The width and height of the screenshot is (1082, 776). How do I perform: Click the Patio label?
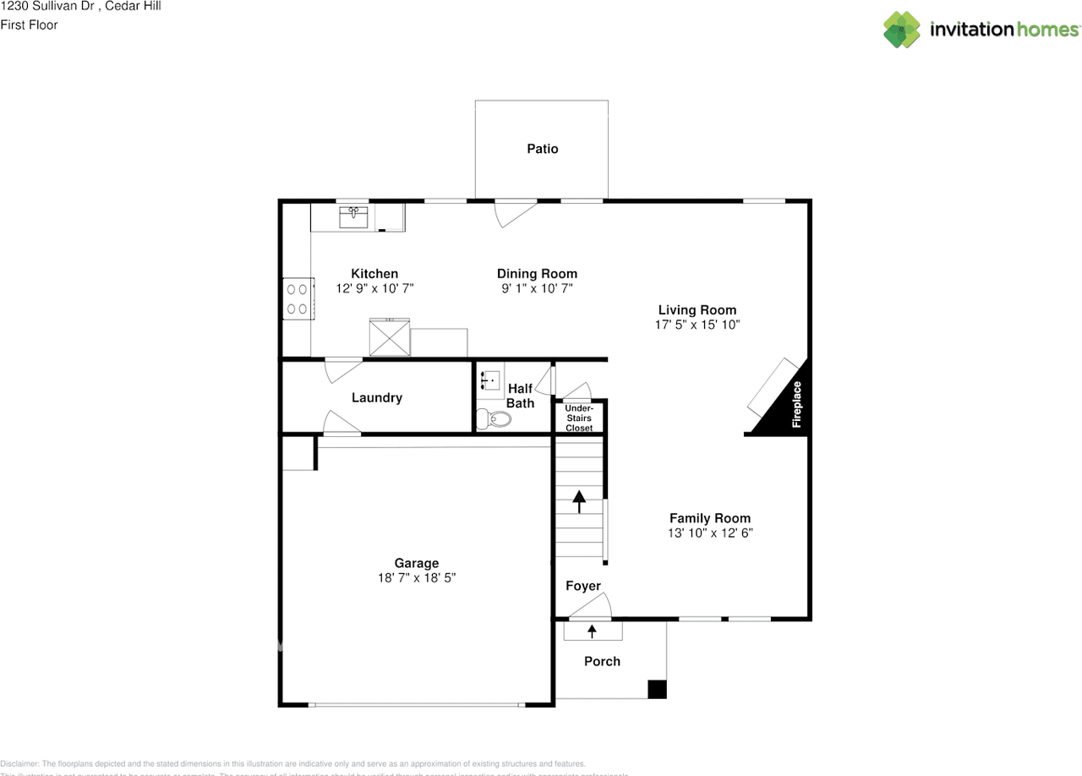pyautogui.click(x=542, y=149)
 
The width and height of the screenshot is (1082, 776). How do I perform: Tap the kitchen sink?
pyautogui.click(x=353, y=216)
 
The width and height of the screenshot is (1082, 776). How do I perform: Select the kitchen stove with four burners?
pyautogui.click(x=298, y=298)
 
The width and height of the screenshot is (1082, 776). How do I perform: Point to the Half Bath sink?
pyautogui.click(x=489, y=380)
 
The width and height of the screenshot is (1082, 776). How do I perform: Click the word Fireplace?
pyautogui.click(x=796, y=404)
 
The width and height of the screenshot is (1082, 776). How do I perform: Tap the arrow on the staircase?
pyautogui.click(x=579, y=501)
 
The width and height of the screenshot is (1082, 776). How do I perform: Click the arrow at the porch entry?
pyautogui.click(x=592, y=630)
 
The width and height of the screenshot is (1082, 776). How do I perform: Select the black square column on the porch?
pyautogui.click(x=657, y=690)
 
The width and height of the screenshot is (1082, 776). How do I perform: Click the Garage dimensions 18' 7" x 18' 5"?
pyautogui.click(x=417, y=578)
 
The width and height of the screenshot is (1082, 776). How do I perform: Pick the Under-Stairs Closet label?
pyautogui.click(x=579, y=418)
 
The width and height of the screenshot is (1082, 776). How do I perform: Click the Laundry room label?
pyautogui.click(x=376, y=397)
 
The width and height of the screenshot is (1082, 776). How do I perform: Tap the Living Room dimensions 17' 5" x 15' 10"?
pyautogui.click(x=697, y=325)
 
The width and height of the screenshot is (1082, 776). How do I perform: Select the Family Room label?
pyautogui.click(x=709, y=518)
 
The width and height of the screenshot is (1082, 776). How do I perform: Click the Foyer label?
pyautogui.click(x=582, y=586)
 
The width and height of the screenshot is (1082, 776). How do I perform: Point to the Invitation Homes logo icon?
pyautogui.click(x=902, y=30)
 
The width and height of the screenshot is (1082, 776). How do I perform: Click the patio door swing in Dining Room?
pyautogui.click(x=513, y=212)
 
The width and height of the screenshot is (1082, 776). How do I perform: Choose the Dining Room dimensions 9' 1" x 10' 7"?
pyautogui.click(x=537, y=288)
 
